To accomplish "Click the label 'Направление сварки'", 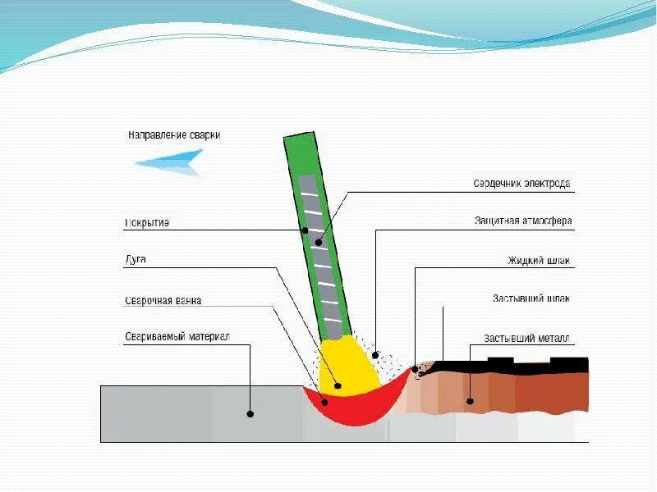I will click(174, 134).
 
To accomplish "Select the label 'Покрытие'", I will click(147, 223).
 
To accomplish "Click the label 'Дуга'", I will click(136, 261).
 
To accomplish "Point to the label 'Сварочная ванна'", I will click(163, 300).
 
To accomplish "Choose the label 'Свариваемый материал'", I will click(177, 336).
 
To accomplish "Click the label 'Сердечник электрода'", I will click(521, 184).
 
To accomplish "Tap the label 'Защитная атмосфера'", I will click(522, 221).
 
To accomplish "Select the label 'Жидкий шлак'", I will click(538, 261).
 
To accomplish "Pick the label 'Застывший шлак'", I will click(531, 298).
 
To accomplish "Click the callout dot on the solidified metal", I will click(470, 401).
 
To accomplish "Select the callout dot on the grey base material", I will click(250, 414).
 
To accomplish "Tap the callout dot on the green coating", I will click(305, 230).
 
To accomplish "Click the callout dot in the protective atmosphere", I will click(375, 356).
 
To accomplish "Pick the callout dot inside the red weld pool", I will click(324, 402).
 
